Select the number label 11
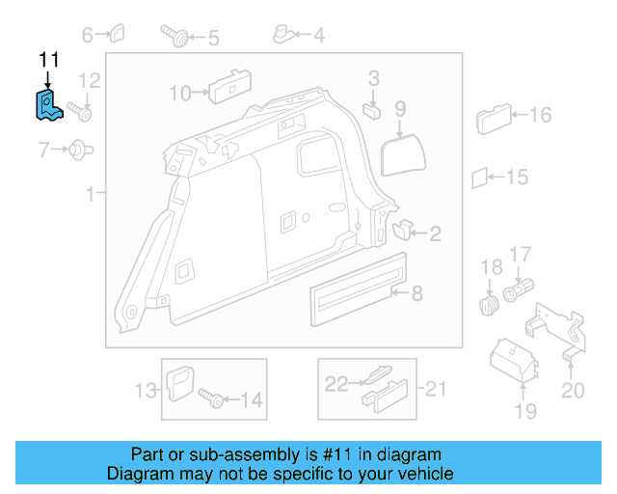[x=48, y=60]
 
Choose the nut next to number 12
[x=84, y=115]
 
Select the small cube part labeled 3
[x=372, y=108]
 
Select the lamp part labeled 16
[x=492, y=121]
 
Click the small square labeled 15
[x=479, y=178]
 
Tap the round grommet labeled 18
[x=489, y=307]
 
